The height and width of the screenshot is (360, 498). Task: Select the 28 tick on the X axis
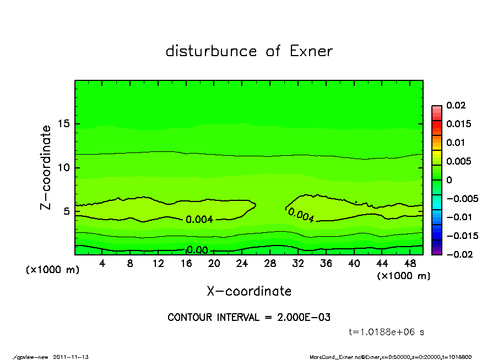(270, 263)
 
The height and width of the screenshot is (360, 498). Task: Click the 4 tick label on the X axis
(102, 263)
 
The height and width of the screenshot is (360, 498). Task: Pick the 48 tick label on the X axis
(410, 263)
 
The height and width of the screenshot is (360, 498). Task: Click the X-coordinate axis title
(249, 291)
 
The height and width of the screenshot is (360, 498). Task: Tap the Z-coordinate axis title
(46, 167)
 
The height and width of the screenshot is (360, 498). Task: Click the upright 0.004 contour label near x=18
(199, 220)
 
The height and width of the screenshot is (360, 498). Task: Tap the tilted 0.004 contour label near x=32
(301, 215)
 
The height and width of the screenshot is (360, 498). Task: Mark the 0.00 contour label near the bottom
(197, 250)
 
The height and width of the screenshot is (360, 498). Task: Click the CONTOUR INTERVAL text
(249, 318)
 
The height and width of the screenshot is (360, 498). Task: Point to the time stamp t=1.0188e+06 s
(387, 332)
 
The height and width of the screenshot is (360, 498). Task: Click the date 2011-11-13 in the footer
(71, 357)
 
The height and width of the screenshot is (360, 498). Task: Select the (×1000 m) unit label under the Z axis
(51, 270)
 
